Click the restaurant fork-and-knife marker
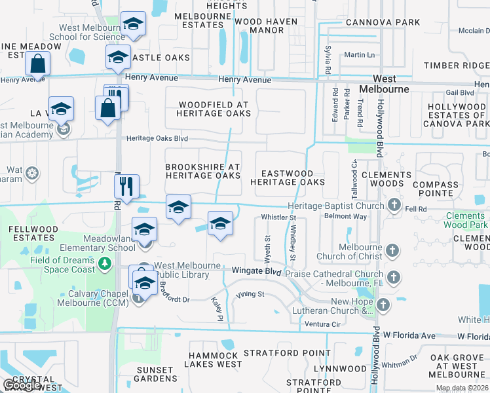[x=126, y=187]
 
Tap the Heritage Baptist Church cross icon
[x=394, y=206]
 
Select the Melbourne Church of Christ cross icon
[x=392, y=251]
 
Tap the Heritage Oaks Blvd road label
[x=157, y=139]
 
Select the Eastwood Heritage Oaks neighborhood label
[x=288, y=178]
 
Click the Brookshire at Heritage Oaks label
[x=202, y=172]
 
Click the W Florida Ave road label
[x=409, y=336]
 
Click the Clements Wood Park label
[x=468, y=221]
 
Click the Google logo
[x=22, y=384]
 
